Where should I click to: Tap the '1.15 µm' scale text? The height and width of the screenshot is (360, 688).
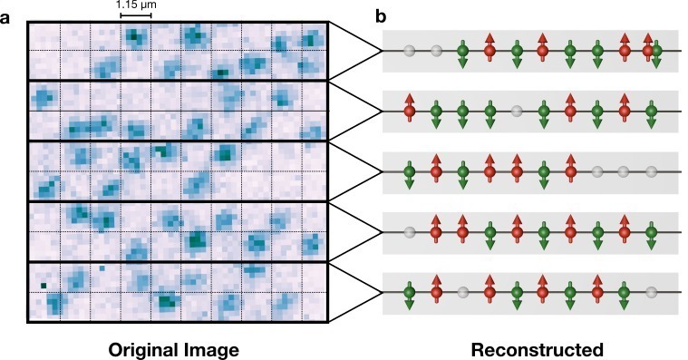pos(135,6)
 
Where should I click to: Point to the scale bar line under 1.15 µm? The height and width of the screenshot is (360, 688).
pos(135,16)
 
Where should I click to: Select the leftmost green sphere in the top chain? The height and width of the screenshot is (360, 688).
pos(463,51)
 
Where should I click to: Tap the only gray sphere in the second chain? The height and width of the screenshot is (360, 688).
pos(517,111)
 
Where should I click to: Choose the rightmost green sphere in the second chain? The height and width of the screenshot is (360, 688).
pos(652,111)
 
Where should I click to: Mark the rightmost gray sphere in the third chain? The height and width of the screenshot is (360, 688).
pos(652,170)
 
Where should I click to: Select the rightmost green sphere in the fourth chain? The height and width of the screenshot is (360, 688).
pos(652,231)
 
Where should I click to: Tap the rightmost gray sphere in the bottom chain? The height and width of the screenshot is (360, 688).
pos(652,292)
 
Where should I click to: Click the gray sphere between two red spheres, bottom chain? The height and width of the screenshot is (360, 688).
pos(463,292)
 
